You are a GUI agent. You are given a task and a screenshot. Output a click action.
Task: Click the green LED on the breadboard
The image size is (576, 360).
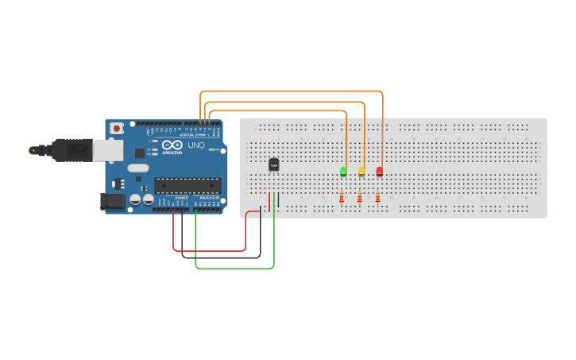coord(343,171)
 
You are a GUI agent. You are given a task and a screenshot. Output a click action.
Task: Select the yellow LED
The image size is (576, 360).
coord(361,171)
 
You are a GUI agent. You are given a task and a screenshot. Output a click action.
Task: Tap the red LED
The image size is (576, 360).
coord(379,171)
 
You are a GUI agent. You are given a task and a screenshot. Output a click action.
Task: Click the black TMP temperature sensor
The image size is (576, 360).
coord(274,165)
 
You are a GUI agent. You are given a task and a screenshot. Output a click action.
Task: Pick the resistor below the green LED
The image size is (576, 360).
coord(342,197)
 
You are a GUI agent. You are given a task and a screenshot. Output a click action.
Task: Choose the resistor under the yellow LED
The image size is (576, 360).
coord(360,197)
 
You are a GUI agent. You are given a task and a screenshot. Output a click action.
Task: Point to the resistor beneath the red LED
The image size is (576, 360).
coord(377,197)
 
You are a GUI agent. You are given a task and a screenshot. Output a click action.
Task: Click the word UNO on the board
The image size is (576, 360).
coord(195,145)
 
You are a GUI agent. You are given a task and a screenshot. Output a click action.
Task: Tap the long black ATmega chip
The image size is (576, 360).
coord(187,186)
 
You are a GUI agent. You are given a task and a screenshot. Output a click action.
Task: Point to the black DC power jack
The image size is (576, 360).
coord(114,202)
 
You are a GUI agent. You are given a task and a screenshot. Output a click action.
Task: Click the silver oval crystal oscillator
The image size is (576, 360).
coord(138,168)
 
